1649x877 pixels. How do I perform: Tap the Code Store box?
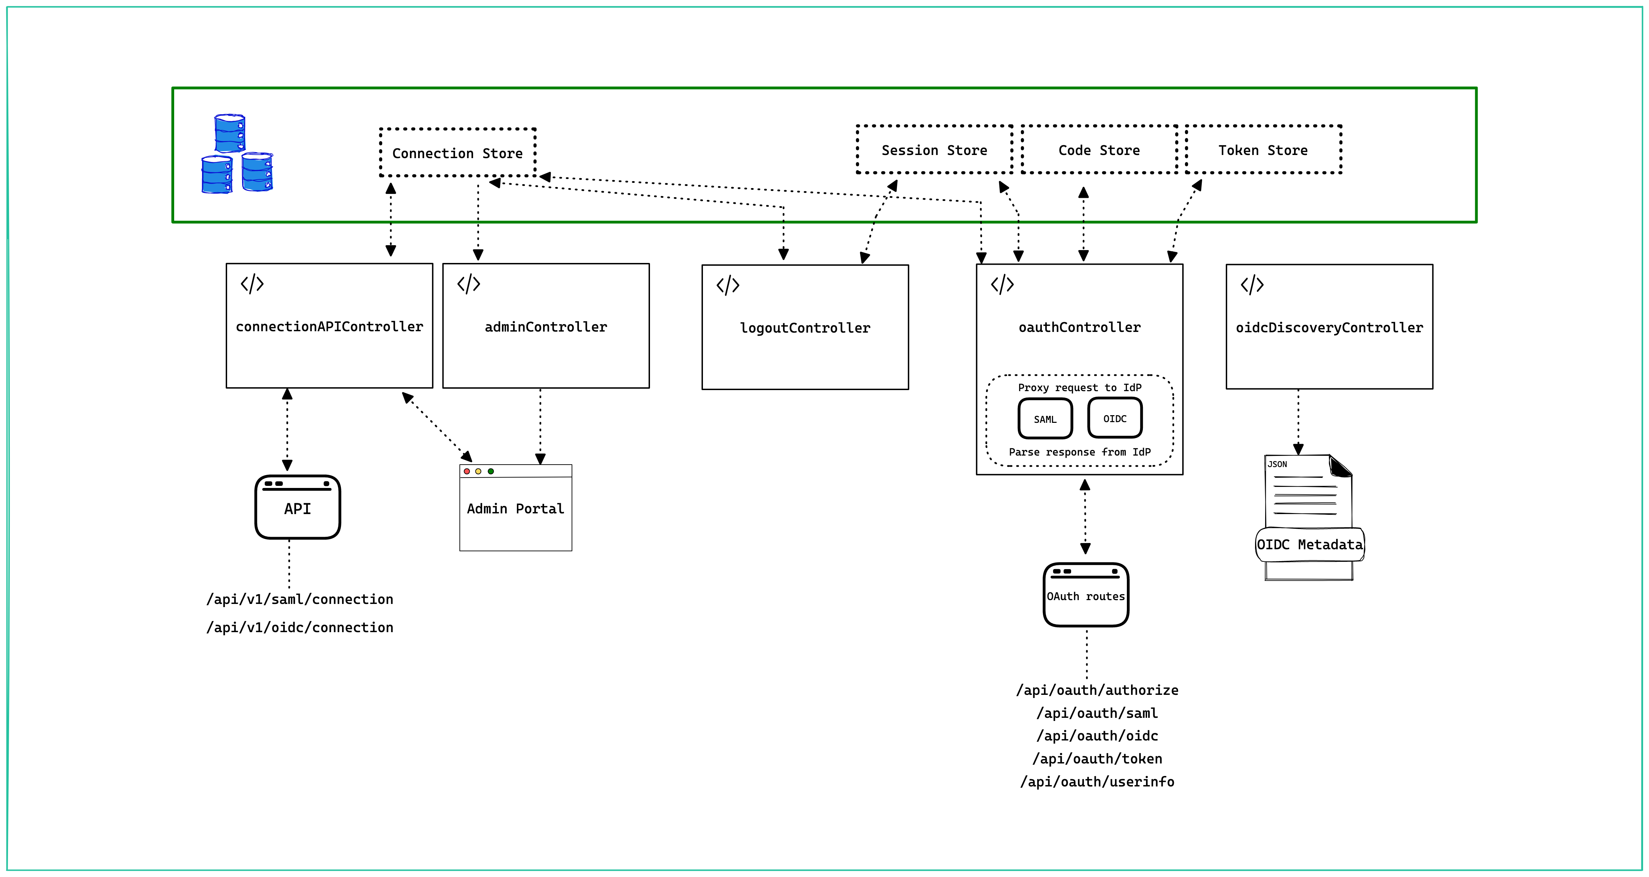point(1099,150)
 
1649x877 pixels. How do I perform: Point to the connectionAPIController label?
point(329,326)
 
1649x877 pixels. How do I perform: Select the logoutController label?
point(805,328)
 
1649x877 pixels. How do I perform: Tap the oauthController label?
point(1079,327)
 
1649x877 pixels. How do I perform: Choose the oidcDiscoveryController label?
point(1329,327)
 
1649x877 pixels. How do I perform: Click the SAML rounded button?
point(1045,419)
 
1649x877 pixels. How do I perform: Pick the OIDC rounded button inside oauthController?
point(1114,418)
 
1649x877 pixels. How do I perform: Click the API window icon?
point(298,507)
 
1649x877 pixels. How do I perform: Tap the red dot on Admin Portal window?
point(467,471)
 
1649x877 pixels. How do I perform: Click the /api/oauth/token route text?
point(1097,759)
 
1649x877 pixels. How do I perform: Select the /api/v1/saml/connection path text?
point(300,599)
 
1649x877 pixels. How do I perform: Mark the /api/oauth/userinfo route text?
point(1097,782)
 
